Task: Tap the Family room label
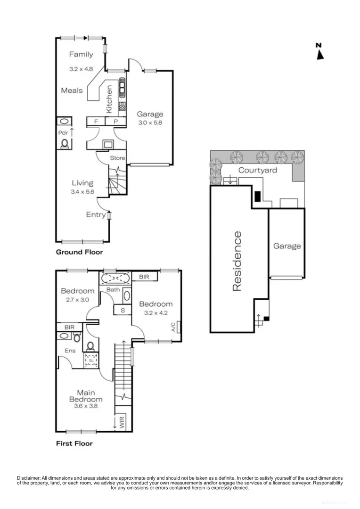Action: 81,54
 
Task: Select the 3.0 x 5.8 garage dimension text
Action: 150,123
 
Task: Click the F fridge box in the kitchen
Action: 96,122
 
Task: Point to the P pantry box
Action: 115,122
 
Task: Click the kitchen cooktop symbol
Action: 122,86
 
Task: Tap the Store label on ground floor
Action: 117,158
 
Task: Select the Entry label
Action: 96,215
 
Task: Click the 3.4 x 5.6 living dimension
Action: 82,192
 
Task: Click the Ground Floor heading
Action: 79,252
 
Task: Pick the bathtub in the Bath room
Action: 116,277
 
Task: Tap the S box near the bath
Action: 123,310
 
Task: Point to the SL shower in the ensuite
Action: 91,361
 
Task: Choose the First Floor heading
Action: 74,443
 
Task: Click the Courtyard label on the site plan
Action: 257,170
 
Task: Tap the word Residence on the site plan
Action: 237,261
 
